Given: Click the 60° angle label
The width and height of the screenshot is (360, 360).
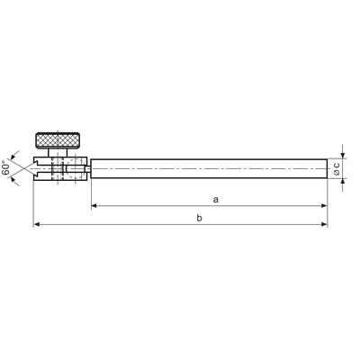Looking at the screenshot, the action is click(5, 168).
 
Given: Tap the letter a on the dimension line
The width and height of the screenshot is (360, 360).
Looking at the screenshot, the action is click(215, 200).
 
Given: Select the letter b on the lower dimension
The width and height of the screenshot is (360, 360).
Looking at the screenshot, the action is click(200, 218).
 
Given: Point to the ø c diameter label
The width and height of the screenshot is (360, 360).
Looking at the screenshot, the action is click(337, 168).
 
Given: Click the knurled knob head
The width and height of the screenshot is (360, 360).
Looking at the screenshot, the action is click(58, 140).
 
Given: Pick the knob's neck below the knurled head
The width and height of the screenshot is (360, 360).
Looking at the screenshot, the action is click(58, 153).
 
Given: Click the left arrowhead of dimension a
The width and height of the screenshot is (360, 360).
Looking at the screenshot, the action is click(94, 205).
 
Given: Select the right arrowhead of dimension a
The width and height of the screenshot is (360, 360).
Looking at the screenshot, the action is click(324, 205).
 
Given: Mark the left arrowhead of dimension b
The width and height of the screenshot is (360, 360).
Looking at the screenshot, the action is click(36, 224).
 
